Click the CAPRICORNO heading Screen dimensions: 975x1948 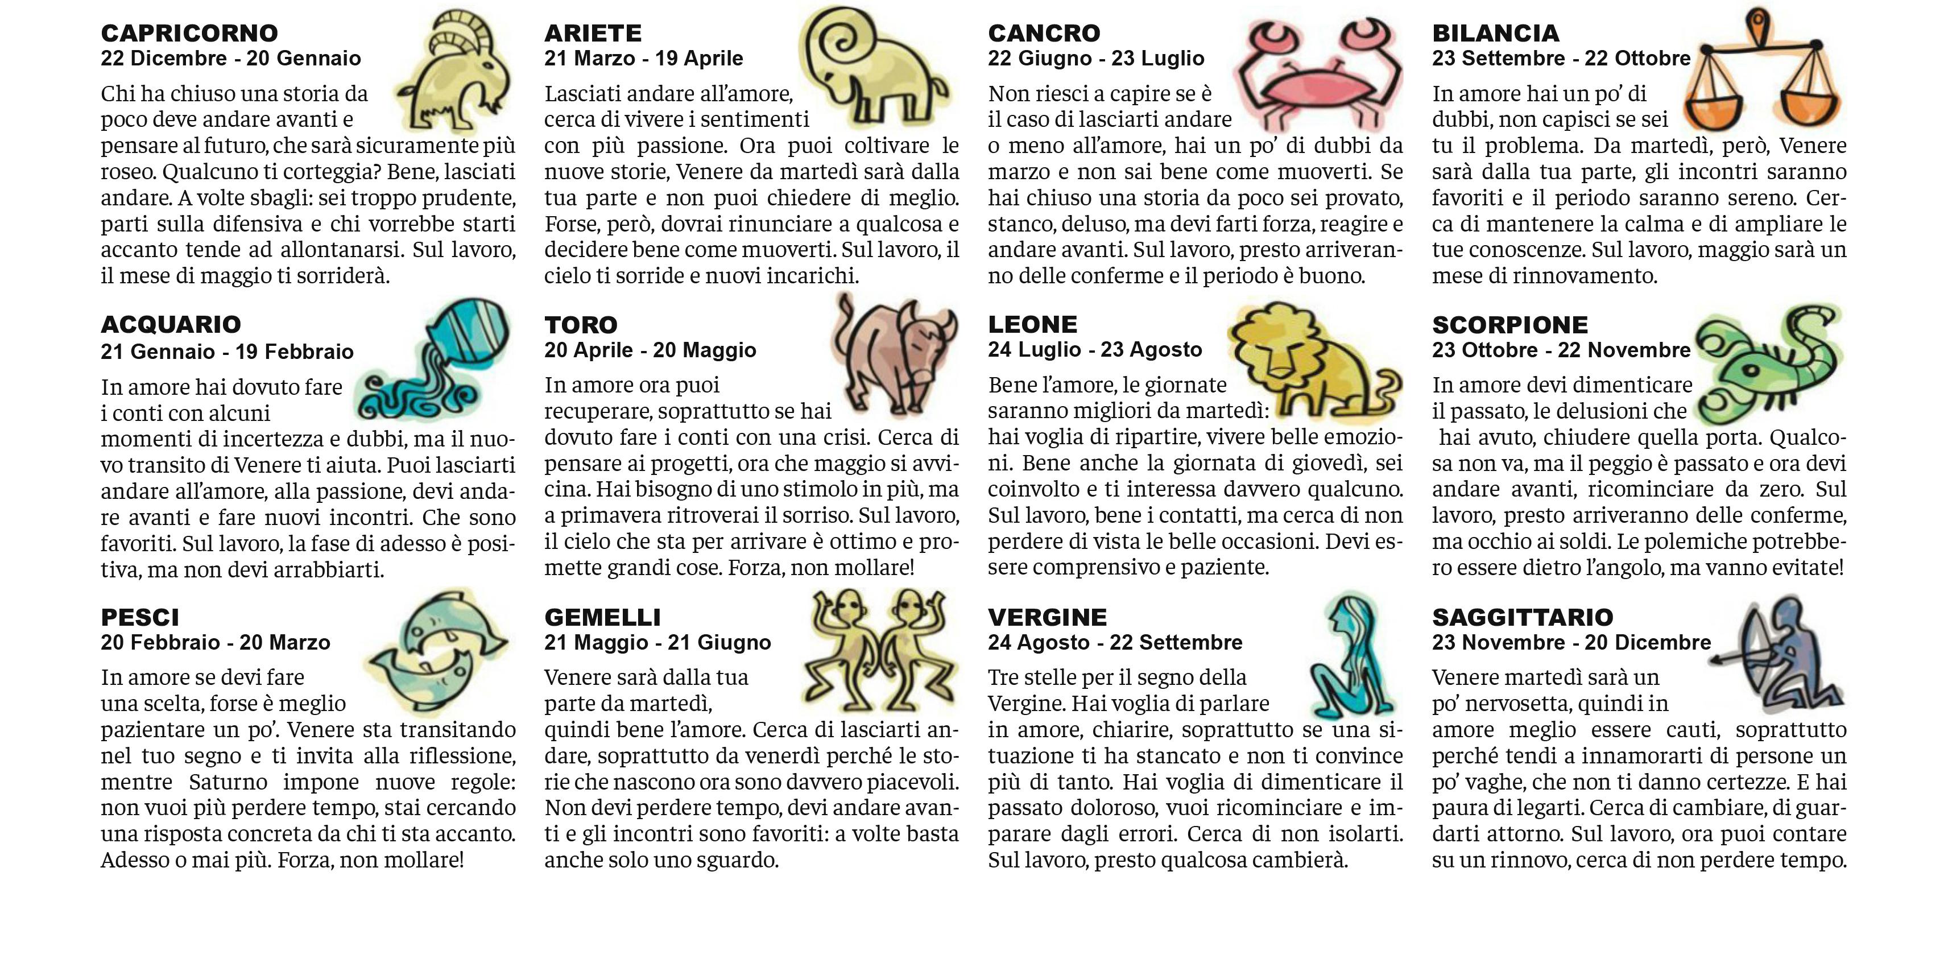click(189, 34)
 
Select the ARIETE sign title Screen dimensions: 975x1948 click(593, 34)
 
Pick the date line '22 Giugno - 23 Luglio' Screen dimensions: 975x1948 click(1096, 58)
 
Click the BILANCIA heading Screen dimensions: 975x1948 click(1495, 34)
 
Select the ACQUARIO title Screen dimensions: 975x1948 click(171, 324)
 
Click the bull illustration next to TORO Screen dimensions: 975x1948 click(892, 352)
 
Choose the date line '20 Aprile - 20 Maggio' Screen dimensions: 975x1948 click(650, 350)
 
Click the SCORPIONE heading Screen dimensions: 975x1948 click(1509, 324)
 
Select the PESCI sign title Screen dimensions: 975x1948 click(140, 617)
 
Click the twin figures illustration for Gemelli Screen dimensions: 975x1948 click(881, 651)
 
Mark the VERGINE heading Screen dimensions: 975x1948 click(1047, 617)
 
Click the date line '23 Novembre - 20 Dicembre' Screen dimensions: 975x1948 click(1571, 643)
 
